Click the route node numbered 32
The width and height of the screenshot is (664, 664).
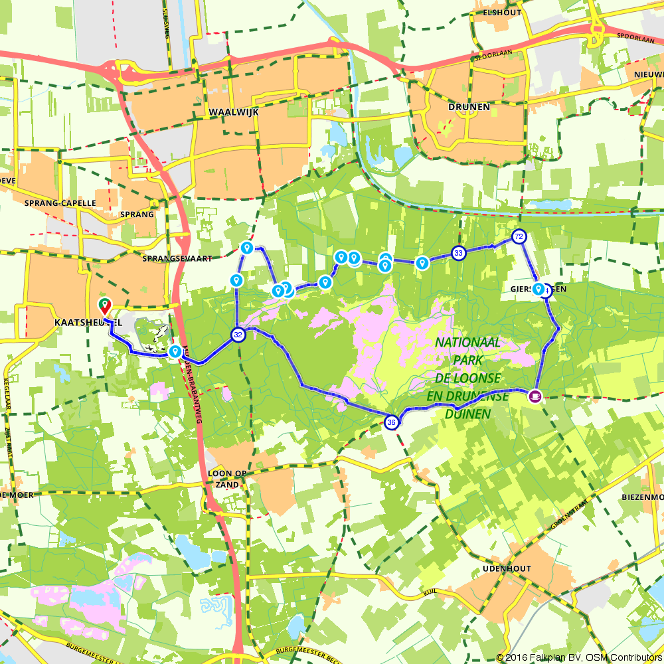(238, 335)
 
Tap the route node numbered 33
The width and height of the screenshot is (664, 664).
(458, 253)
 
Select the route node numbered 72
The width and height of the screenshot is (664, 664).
(519, 236)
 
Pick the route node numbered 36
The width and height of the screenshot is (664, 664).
(392, 422)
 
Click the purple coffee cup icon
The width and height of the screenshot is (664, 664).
(535, 396)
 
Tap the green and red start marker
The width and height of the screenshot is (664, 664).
(104, 306)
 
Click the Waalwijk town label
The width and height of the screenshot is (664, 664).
(233, 112)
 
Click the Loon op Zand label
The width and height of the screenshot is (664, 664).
(228, 479)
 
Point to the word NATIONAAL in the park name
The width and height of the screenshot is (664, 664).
(468, 342)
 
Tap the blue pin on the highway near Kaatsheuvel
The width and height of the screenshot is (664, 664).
(175, 351)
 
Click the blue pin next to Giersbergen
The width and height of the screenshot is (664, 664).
(538, 289)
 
